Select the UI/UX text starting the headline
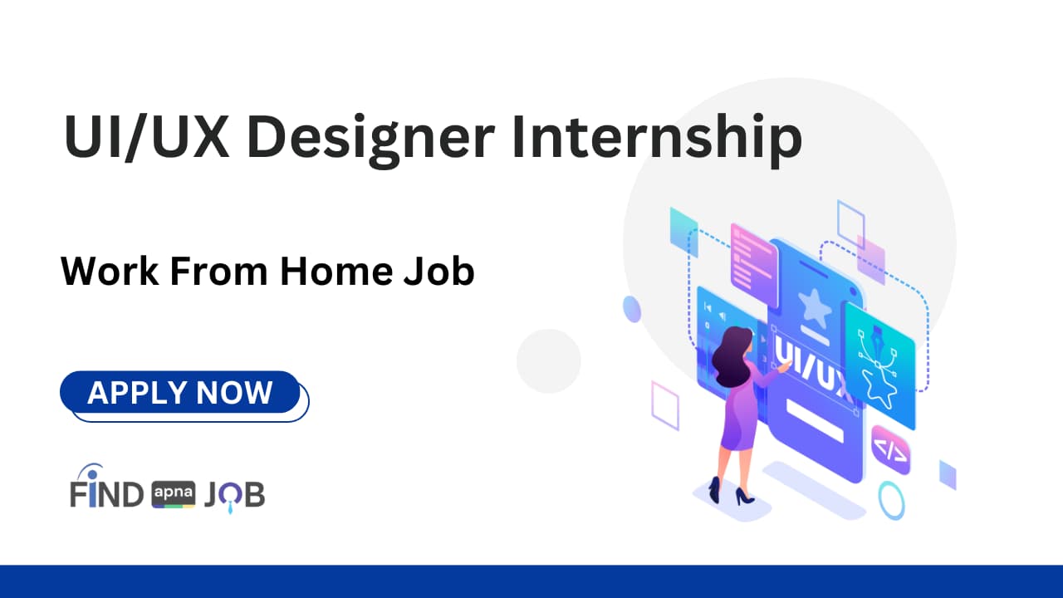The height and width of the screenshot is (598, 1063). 146,138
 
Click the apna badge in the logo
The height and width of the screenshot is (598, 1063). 174,495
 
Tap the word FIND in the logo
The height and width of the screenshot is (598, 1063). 106,494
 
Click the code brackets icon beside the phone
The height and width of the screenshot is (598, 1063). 890,451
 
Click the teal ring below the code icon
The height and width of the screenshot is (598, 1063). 893,501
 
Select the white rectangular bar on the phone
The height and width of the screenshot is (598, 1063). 815,420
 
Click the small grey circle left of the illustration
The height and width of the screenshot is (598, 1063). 548,361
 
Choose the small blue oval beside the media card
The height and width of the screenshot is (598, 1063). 632,309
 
